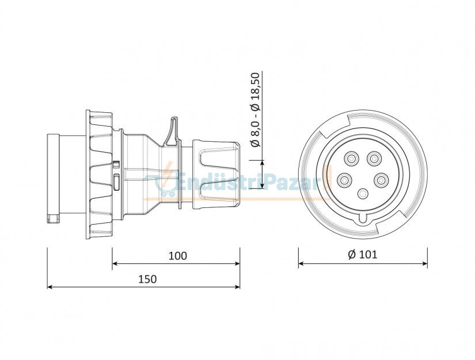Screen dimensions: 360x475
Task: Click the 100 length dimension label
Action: tap(178, 256)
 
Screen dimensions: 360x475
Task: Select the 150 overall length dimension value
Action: tap(147, 279)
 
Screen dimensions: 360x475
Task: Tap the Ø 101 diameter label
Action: tap(363, 255)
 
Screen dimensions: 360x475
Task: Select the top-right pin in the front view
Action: tap(375, 157)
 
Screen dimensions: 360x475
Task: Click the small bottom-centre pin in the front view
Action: tap(363, 194)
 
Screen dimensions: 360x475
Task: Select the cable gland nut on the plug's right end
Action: tap(215, 173)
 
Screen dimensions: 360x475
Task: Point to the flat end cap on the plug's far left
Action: tap(53, 179)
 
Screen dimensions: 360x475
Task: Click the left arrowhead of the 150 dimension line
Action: tap(50, 286)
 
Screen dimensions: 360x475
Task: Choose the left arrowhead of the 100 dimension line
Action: tap(115, 263)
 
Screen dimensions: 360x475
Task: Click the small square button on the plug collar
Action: tap(116, 164)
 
